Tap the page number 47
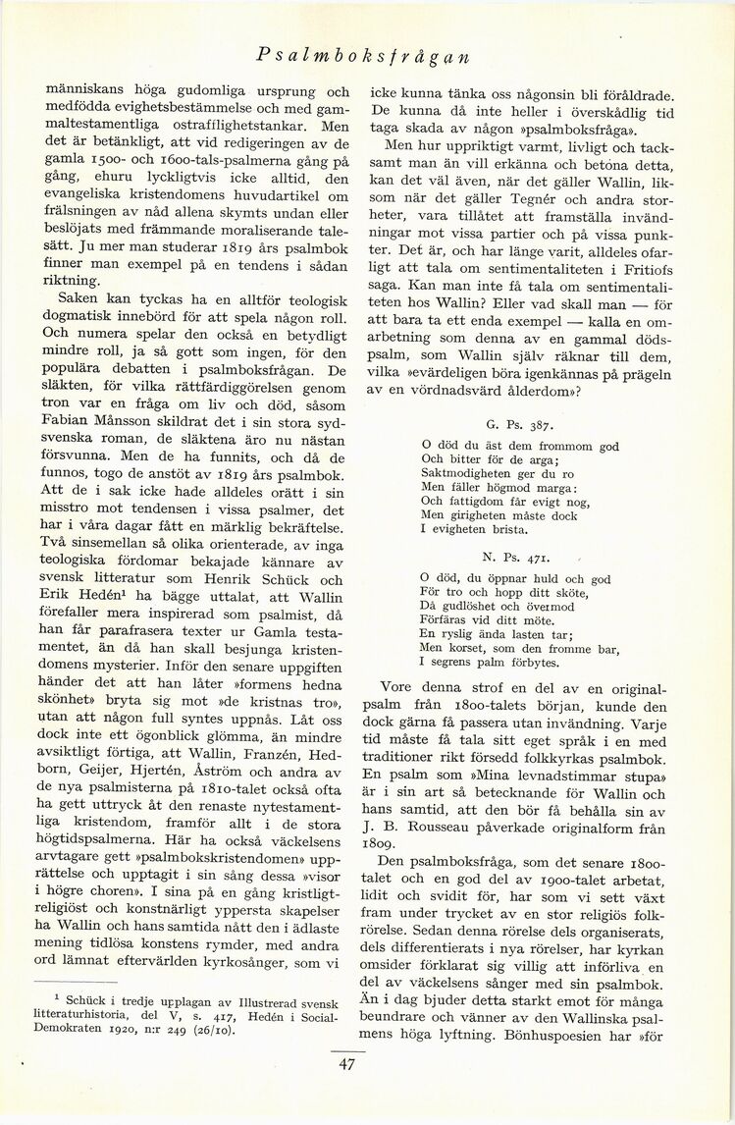(x=346, y=1066)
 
